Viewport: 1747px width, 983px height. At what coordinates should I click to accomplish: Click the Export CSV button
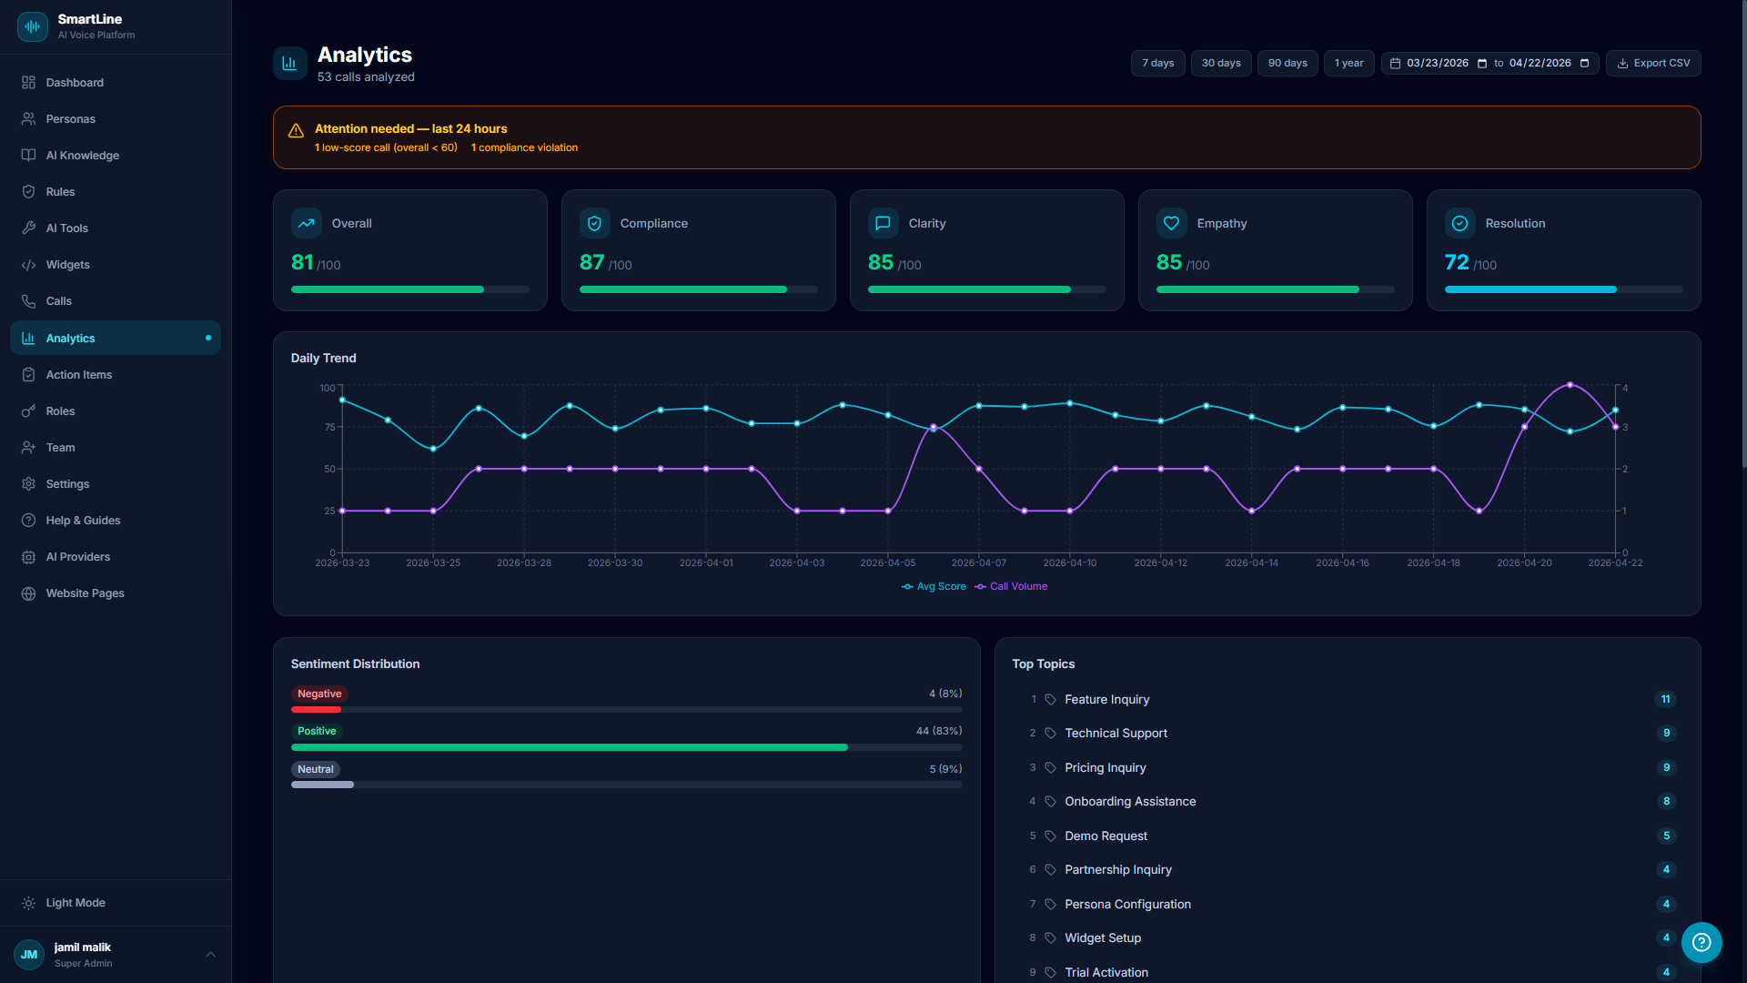click(x=1652, y=63)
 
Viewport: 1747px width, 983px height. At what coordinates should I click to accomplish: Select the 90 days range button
click(x=1287, y=63)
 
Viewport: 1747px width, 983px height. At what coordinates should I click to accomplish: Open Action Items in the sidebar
click(x=79, y=375)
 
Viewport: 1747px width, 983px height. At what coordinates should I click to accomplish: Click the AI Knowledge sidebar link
click(x=82, y=156)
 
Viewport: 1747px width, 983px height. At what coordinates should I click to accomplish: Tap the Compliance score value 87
click(x=591, y=263)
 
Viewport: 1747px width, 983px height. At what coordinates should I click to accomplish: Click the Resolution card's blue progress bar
click(x=1530, y=289)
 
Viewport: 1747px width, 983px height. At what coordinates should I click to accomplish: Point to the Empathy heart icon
click(x=1171, y=223)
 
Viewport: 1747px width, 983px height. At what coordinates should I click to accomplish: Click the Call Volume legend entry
click(x=1017, y=587)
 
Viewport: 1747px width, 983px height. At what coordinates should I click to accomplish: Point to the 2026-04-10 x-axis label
click(x=1069, y=563)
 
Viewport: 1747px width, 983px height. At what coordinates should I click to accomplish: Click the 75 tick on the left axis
click(x=329, y=427)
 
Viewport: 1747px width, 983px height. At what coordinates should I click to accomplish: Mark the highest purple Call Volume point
click(x=1570, y=385)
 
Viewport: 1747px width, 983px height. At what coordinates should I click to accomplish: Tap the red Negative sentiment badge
click(x=319, y=694)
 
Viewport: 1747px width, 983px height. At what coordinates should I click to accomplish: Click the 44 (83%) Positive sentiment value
click(x=938, y=731)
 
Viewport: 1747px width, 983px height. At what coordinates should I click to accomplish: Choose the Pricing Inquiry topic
click(x=1105, y=768)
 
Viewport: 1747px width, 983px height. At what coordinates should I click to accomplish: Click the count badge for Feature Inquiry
click(x=1665, y=700)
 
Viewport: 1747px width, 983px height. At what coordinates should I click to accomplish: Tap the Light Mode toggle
click(x=76, y=903)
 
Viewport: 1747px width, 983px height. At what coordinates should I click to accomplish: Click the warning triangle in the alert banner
click(x=296, y=131)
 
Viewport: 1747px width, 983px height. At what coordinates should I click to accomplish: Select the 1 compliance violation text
click(x=524, y=147)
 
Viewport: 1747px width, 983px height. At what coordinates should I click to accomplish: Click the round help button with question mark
click(x=1701, y=943)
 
